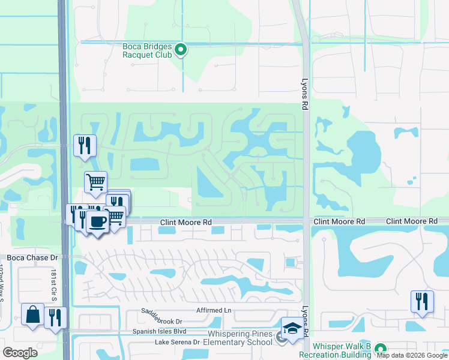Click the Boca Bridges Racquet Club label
[x=147, y=50]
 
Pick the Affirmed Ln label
[x=213, y=310]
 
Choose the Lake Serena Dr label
[x=177, y=342]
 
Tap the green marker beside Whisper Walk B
[x=380, y=348]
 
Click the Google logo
[x=20, y=353]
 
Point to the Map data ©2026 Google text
[x=412, y=355]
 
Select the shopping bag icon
[x=32, y=314]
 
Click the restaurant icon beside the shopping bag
[x=55, y=317]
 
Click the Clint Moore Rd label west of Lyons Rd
[x=186, y=222]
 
